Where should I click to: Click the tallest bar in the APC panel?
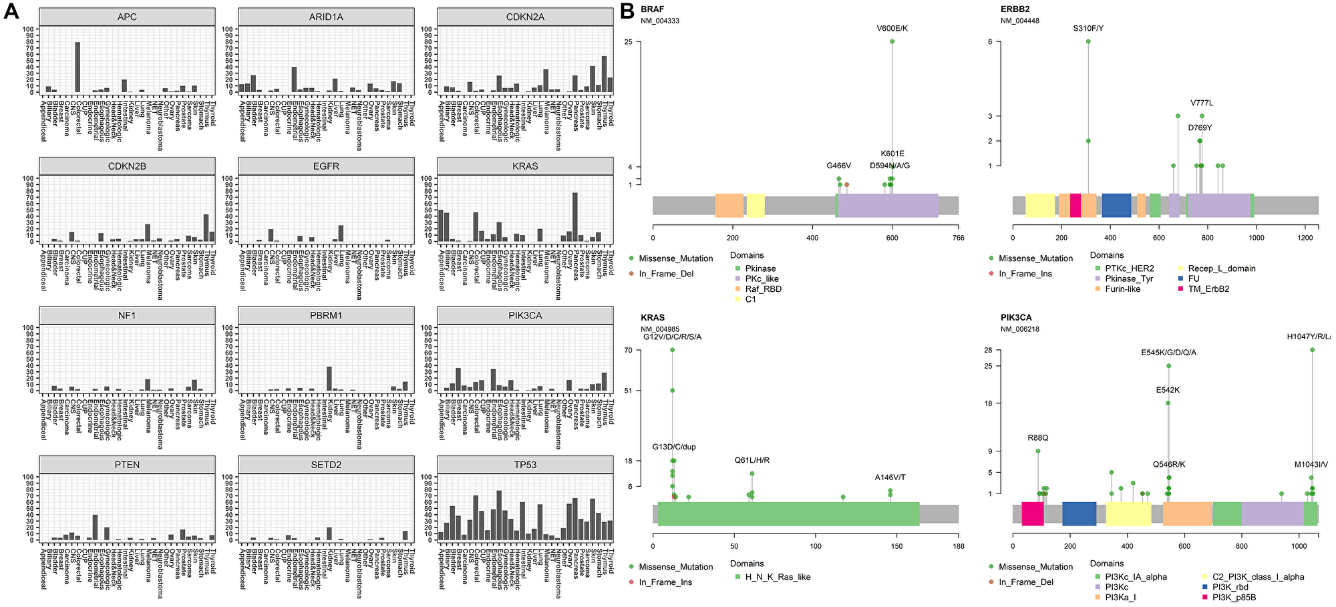77,67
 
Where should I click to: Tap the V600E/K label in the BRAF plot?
892,29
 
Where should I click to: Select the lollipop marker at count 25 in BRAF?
892,41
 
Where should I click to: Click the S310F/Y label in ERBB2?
1088,29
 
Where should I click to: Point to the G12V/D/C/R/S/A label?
673,337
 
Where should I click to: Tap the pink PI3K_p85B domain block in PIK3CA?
1033,514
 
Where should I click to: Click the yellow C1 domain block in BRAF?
756,206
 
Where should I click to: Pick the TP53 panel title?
525,465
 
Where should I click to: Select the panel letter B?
627,11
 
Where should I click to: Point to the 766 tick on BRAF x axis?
959,237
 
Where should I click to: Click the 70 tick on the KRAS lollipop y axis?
647,350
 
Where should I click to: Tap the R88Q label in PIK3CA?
1038,438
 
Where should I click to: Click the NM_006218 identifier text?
1020,329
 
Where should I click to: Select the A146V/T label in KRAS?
890,477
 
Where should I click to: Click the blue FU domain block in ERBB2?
1116,206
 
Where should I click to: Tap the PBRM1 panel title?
326,315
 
